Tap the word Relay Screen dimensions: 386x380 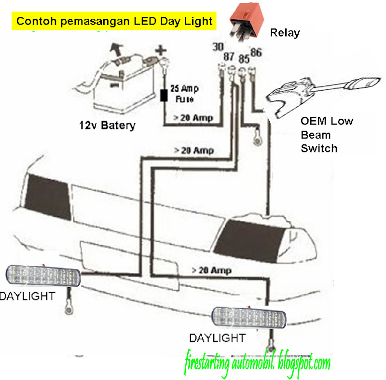click(x=285, y=33)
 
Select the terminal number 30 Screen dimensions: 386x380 click(x=218, y=47)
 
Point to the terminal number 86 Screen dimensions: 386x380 click(x=256, y=52)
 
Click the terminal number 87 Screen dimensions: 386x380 click(x=228, y=57)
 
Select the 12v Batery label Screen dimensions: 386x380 click(x=107, y=126)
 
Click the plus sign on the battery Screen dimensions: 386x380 click(x=160, y=50)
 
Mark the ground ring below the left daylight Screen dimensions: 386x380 click(x=67, y=308)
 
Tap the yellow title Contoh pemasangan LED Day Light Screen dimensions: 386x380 click(x=114, y=21)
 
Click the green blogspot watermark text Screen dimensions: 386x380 click(x=257, y=362)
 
